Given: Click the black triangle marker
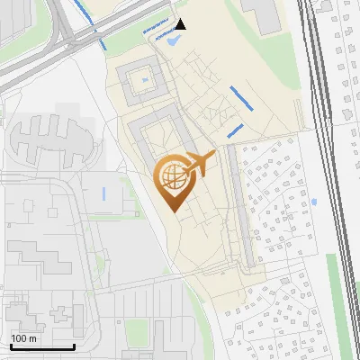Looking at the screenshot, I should tap(181, 24).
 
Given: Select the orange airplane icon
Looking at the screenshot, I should tap(202, 165).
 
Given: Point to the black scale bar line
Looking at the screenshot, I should tap(41, 346).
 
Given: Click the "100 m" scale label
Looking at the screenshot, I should tap(24, 338).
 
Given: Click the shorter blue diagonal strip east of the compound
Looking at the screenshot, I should tap(236, 131).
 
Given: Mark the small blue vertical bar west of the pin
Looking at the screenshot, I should tap(104, 193).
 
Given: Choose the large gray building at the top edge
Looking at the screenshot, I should tap(263, 13).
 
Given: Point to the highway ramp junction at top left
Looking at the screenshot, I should tap(67, 36).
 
